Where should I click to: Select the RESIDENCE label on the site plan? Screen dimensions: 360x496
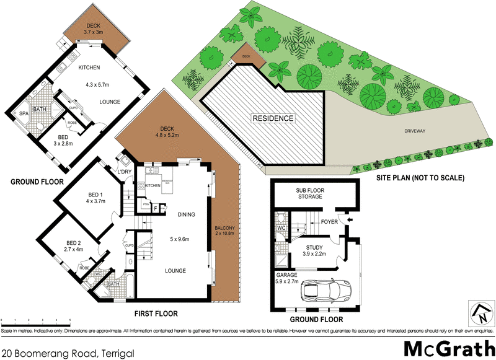point(272,118)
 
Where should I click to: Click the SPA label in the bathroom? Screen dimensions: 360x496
point(24,114)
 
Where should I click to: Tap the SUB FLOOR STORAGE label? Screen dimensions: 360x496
point(308,193)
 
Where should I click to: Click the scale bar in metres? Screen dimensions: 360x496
point(36,320)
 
